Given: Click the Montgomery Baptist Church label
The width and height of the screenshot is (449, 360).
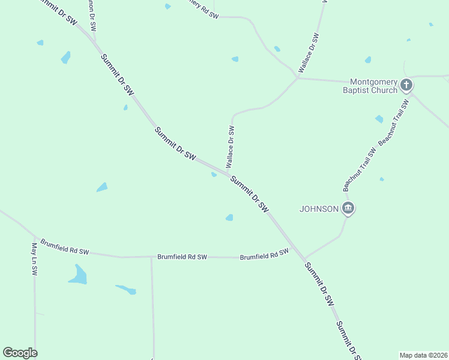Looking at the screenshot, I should [373, 86].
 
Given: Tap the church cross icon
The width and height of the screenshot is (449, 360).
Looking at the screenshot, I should [406, 85].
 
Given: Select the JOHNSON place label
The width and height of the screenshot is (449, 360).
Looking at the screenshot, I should [319, 209].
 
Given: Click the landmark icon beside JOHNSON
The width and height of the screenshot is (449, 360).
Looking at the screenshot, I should [348, 209].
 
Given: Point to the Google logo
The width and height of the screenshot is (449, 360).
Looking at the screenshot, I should [20, 353].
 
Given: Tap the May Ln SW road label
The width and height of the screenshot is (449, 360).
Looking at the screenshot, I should [34, 259].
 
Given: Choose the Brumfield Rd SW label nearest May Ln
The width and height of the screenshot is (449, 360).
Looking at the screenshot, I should [65, 248].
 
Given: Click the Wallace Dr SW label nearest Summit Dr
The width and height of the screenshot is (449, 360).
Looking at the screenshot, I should [231, 146].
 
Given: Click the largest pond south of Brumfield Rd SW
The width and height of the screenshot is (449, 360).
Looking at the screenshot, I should [78, 275].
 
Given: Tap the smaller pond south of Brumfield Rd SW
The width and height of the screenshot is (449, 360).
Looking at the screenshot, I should [127, 290].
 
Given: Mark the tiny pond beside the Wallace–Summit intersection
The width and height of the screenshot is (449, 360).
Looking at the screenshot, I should [214, 175].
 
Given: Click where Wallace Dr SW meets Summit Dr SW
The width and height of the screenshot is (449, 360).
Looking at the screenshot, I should [229, 175].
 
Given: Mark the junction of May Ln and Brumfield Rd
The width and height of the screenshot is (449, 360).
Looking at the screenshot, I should [35, 238].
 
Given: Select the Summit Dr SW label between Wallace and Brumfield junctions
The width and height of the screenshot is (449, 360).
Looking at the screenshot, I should [250, 193].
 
